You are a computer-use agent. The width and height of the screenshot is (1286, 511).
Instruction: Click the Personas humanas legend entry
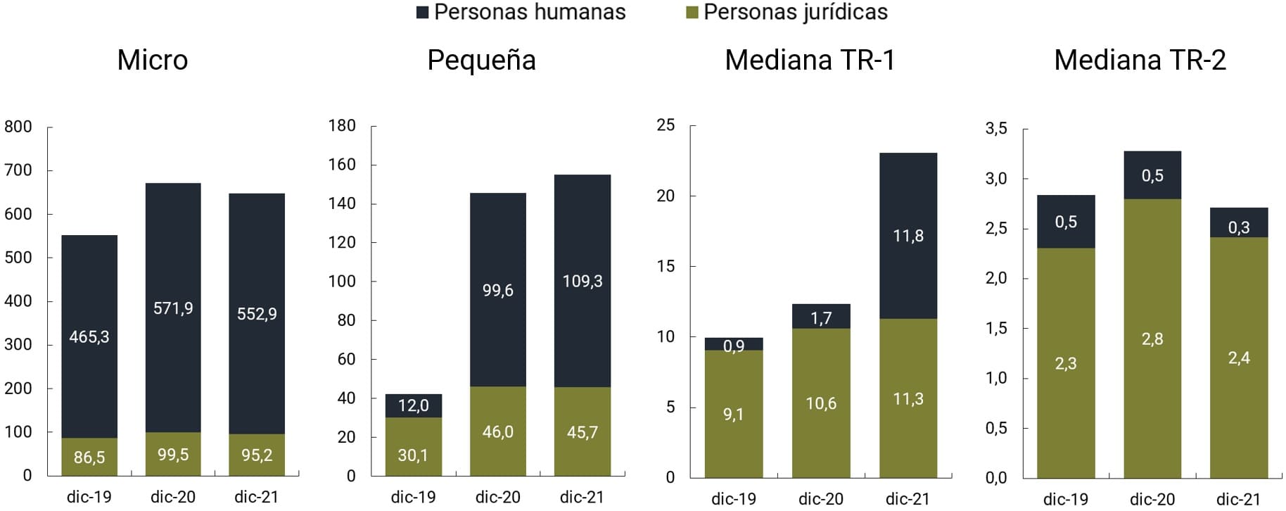pyautogui.click(x=521, y=12)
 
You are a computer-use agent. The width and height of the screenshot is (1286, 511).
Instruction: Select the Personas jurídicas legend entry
pyautogui.click(x=787, y=12)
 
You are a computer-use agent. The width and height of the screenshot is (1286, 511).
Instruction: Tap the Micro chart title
pyautogui.click(x=153, y=60)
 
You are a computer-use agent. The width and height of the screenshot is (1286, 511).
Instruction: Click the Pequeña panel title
pyautogui.click(x=481, y=60)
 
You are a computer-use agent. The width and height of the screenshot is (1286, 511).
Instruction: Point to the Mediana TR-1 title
pyautogui.click(x=810, y=60)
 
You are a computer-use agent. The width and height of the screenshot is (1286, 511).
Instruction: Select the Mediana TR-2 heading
pyautogui.click(x=1140, y=60)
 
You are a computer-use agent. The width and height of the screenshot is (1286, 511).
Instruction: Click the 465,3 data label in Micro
pyautogui.click(x=89, y=336)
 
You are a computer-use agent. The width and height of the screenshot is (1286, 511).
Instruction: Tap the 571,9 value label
pyautogui.click(x=173, y=308)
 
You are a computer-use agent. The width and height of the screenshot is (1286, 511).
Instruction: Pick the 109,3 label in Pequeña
pyautogui.click(x=582, y=282)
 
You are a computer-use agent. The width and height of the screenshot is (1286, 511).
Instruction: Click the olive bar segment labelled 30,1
pyautogui.click(x=414, y=446)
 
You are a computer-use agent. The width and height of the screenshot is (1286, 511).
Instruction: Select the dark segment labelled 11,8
pyautogui.click(x=908, y=236)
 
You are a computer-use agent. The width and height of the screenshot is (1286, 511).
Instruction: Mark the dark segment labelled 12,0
pyautogui.click(x=414, y=405)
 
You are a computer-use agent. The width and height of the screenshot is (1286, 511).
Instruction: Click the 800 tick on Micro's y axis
pyautogui.click(x=18, y=127)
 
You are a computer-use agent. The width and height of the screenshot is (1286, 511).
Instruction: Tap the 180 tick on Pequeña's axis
pyautogui.click(x=342, y=126)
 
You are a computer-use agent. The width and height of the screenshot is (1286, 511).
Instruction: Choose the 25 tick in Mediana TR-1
pyautogui.click(x=666, y=125)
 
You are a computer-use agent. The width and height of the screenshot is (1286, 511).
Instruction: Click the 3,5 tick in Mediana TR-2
pyautogui.click(x=996, y=128)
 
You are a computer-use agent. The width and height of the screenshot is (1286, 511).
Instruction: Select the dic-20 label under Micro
pyautogui.click(x=173, y=497)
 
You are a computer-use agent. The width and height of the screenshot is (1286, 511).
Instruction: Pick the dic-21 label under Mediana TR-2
pyautogui.click(x=1239, y=499)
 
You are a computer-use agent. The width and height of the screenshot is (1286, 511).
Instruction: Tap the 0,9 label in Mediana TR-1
pyautogui.click(x=734, y=346)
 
